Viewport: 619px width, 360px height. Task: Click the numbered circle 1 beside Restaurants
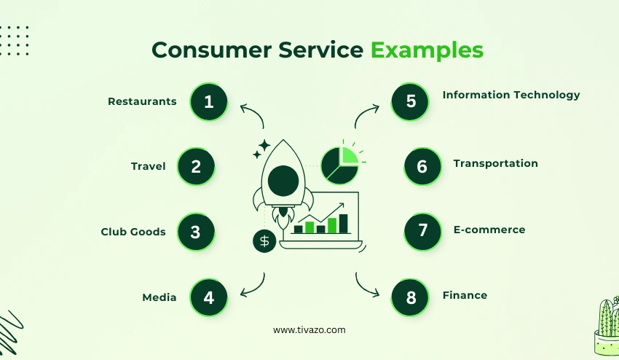[209, 101]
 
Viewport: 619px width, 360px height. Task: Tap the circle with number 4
[209, 297]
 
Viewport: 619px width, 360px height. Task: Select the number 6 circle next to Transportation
[422, 166]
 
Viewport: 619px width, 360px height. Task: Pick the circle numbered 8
[411, 297]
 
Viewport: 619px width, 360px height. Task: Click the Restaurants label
[142, 101]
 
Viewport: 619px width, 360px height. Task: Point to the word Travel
[149, 166]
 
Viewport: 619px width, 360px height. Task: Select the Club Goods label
[133, 232]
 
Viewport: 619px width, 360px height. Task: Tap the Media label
[159, 297]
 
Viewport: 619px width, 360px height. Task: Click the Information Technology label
[511, 95]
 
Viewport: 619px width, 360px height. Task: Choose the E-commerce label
[489, 230]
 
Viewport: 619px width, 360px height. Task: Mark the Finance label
[465, 295]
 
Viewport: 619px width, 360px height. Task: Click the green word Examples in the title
[427, 50]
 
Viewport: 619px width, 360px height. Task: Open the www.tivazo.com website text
[309, 330]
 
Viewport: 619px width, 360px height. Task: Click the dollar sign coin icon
[264, 240]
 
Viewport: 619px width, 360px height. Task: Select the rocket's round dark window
[283, 179]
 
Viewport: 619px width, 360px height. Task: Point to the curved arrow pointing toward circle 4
[253, 286]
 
